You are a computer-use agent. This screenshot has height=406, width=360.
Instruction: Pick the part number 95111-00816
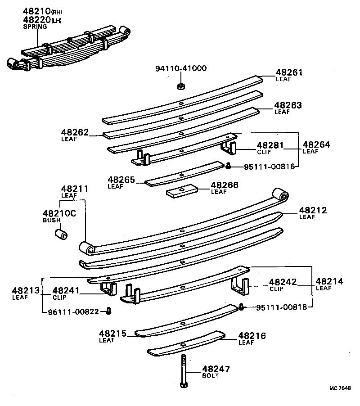point(269,167)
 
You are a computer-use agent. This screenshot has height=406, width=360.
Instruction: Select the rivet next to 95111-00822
point(109,311)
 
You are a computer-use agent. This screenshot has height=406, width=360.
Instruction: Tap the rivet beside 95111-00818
point(241,307)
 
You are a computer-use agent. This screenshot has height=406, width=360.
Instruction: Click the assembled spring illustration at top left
point(67,50)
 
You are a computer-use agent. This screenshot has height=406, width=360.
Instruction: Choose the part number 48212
point(313,210)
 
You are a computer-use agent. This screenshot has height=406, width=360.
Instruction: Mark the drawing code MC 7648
point(340,388)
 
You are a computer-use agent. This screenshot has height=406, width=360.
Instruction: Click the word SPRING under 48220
point(35,27)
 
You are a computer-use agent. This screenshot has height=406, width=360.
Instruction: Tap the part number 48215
point(113,334)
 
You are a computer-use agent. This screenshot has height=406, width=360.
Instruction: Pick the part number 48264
point(316,144)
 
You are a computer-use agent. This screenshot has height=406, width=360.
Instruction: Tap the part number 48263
point(288,105)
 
